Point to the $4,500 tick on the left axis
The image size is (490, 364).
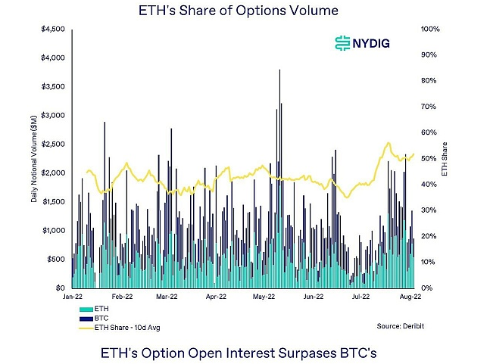pyautogui.click(x=53, y=30)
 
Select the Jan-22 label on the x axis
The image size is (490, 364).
pyautogui.click(x=73, y=298)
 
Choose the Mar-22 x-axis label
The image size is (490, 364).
pyautogui.click(x=167, y=298)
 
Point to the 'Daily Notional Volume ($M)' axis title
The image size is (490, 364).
pyautogui.click(x=34, y=159)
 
